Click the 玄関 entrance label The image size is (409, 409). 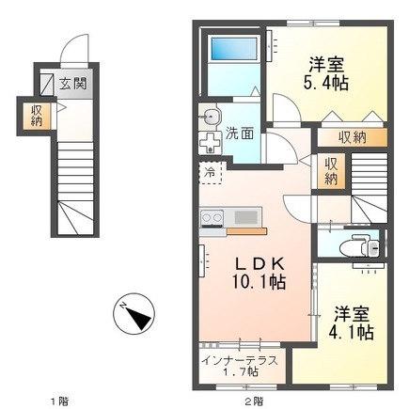(73, 85)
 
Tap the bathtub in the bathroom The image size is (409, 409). (234, 49)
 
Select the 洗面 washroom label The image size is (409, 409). (240, 134)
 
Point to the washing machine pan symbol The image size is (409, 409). (210, 143)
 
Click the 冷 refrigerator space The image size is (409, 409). (211, 172)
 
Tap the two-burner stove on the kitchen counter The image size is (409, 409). (212, 218)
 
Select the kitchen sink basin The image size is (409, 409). (247, 217)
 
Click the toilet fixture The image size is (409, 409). (360, 245)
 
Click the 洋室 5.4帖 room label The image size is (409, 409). (326, 73)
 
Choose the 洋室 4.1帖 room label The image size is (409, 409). (351, 322)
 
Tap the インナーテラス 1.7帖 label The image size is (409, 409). (240, 366)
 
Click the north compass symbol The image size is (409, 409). (134, 314)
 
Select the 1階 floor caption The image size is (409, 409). (60, 401)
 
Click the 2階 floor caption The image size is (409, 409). (255, 401)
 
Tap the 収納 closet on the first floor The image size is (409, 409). (37, 116)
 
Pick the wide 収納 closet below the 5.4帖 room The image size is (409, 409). (353, 137)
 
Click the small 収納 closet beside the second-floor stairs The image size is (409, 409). (331, 171)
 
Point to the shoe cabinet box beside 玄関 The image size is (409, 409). (47, 84)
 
